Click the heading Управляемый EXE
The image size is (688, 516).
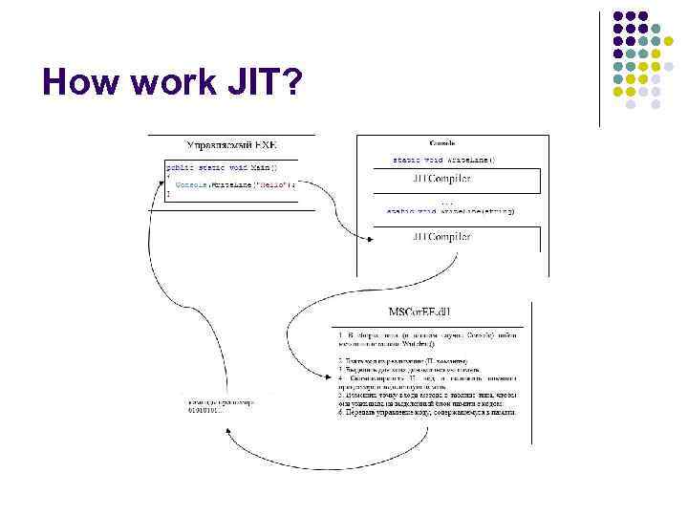(x=231, y=146)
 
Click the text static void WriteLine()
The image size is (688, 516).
(x=443, y=160)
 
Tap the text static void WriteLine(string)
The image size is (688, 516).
(x=449, y=210)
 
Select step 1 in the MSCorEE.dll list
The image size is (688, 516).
(x=426, y=339)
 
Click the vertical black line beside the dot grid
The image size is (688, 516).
(x=599, y=67)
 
